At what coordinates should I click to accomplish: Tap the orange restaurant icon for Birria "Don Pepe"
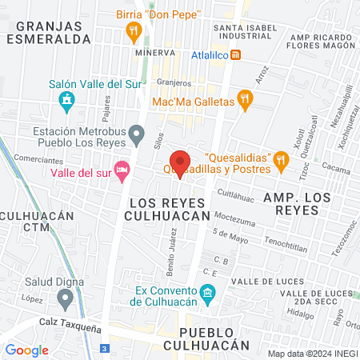(134, 32)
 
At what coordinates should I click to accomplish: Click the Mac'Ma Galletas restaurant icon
(246, 101)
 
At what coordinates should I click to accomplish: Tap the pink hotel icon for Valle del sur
(122, 170)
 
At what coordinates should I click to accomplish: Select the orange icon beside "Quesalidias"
(281, 162)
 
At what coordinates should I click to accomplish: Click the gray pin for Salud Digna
(65, 299)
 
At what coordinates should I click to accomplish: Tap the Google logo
(26, 350)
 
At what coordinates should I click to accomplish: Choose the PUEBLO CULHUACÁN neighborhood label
(206, 338)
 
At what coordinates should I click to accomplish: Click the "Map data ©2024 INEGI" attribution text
(312, 353)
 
